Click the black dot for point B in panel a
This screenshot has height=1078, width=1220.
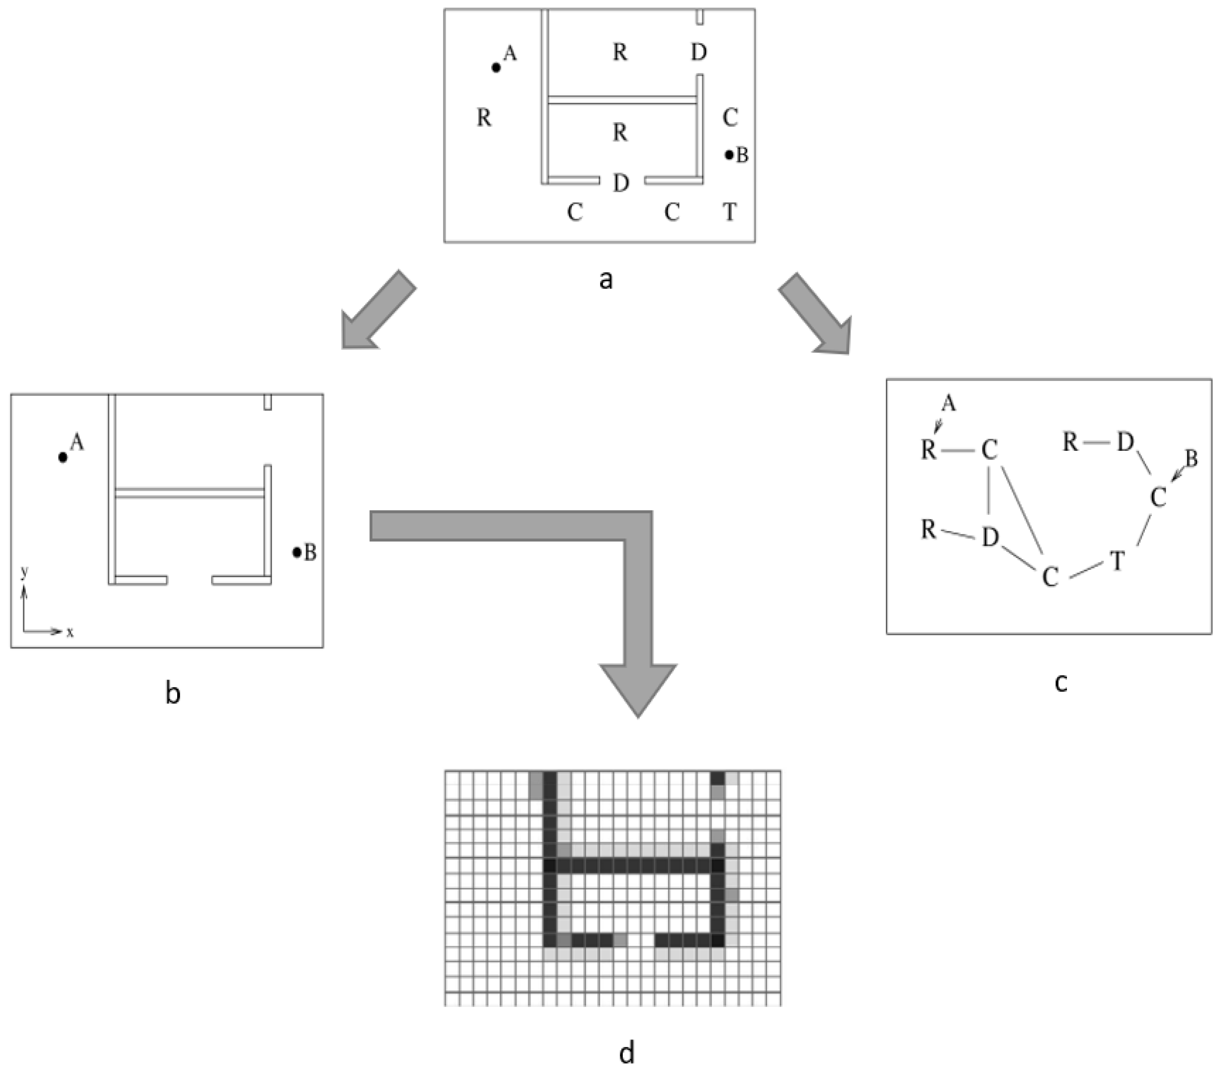(729, 155)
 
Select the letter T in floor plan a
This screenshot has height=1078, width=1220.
(729, 212)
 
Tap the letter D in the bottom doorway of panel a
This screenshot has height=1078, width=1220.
(621, 183)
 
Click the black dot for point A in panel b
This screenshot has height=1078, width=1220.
(63, 458)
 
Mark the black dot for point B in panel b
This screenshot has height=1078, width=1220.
(296, 553)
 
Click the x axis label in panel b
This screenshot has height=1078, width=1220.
(70, 632)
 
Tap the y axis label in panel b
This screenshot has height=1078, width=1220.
(24, 572)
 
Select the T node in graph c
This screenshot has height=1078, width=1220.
(1117, 561)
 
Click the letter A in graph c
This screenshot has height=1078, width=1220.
(948, 404)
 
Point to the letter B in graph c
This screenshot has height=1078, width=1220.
(1191, 458)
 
